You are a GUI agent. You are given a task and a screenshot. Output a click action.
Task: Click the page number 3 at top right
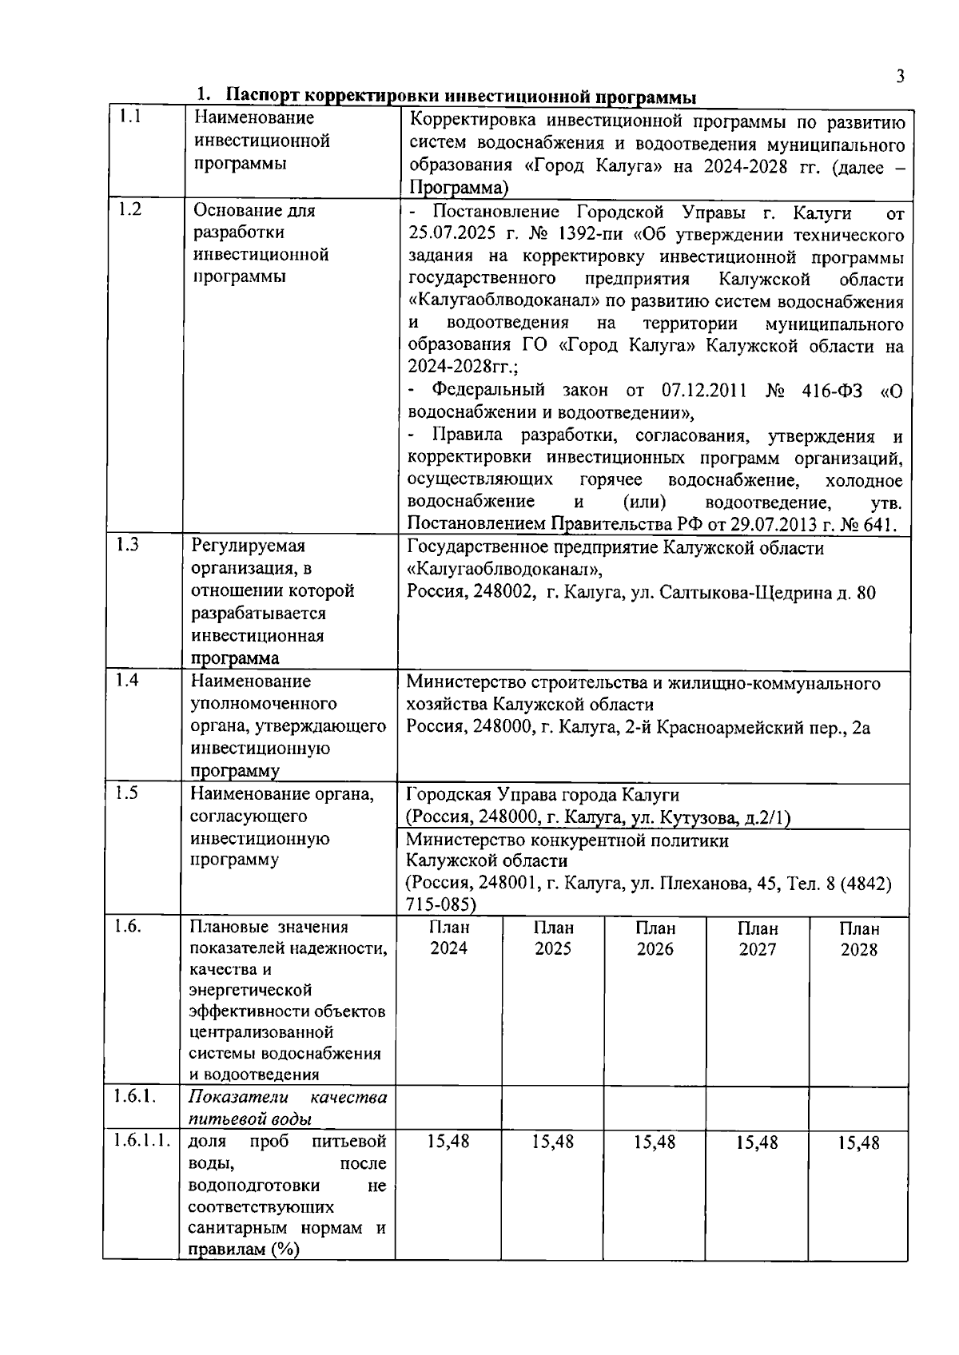900,77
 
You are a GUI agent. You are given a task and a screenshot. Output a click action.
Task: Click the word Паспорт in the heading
262,96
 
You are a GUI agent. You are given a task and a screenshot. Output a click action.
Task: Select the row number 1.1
130,117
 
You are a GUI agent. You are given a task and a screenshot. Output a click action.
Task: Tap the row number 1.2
130,210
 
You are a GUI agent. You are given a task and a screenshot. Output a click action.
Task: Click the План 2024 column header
449,938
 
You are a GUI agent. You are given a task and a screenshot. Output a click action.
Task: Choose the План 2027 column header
757,939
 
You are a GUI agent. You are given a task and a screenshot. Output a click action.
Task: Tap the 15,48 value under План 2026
655,1142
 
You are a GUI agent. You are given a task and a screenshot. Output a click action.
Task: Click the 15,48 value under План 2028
858,1143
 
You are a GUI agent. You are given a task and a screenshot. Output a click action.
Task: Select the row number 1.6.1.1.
141,1141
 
